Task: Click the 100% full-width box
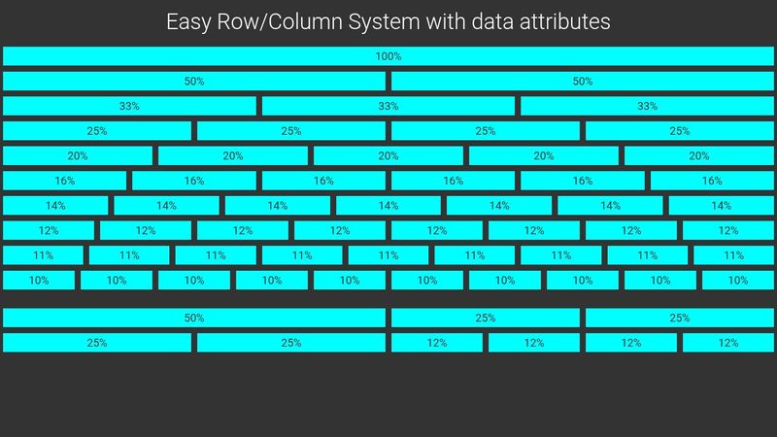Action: (x=388, y=56)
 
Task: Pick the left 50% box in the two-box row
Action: (x=194, y=82)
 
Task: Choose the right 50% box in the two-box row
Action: (x=583, y=82)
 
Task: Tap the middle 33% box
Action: (x=388, y=106)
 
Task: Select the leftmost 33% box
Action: (x=129, y=106)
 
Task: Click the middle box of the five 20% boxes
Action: (x=388, y=155)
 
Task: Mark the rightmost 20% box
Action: (x=699, y=155)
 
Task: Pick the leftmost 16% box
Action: (x=64, y=181)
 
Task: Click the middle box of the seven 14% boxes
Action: (x=388, y=205)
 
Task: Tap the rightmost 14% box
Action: (x=721, y=205)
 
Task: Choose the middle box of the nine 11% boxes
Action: (x=388, y=255)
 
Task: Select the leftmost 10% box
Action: (x=39, y=280)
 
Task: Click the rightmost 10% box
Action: (x=738, y=280)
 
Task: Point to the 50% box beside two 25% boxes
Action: (x=194, y=318)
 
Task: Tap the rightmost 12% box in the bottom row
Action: (x=728, y=343)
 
